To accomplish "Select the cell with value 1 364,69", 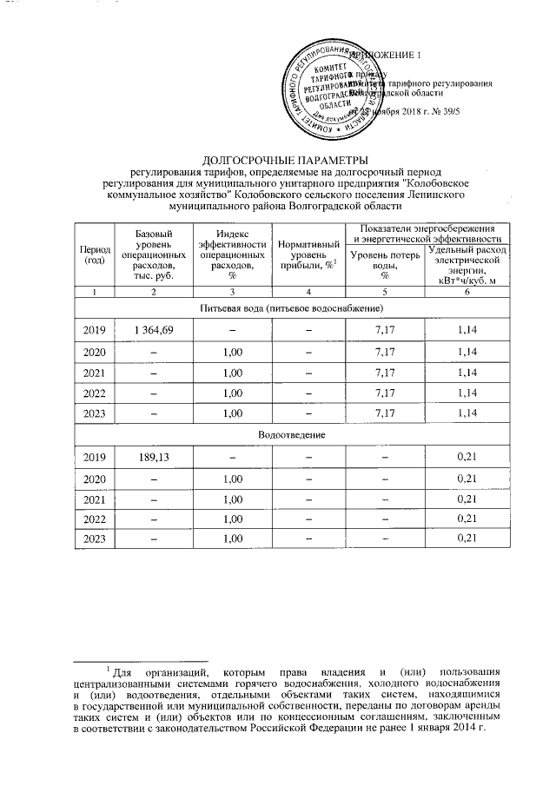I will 154,330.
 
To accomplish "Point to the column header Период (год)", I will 94,255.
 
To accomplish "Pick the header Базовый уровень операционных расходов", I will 154,255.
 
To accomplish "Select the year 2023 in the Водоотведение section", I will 94,539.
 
